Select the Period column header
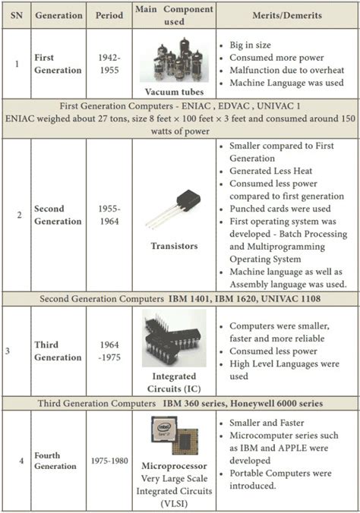tap(109, 15)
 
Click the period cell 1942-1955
tap(109, 64)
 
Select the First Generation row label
tap(58, 64)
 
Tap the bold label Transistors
tap(173, 245)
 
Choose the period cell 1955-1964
tap(109, 215)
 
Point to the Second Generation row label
tap(58, 215)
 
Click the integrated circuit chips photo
tap(174, 334)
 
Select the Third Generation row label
tap(58, 351)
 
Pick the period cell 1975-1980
tap(109, 461)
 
